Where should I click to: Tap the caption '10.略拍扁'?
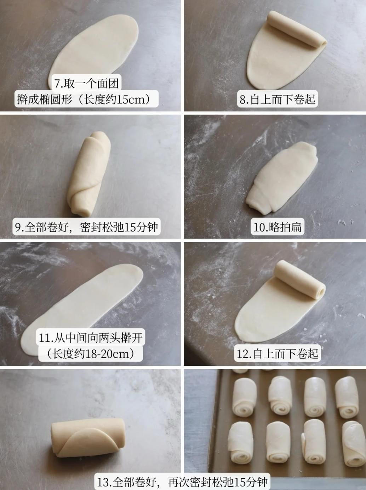pyautogui.click(x=278, y=227)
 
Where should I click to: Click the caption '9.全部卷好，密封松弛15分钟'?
pyautogui.click(x=86, y=227)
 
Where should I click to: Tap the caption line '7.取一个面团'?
pyautogui.click(x=86, y=84)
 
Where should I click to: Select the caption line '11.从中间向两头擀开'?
pyautogui.click(x=91, y=337)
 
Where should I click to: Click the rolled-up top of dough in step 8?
pyautogui.click(x=297, y=29)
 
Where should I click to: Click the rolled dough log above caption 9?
pyautogui.click(x=90, y=174)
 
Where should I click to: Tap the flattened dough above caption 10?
pyautogui.click(x=282, y=178)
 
